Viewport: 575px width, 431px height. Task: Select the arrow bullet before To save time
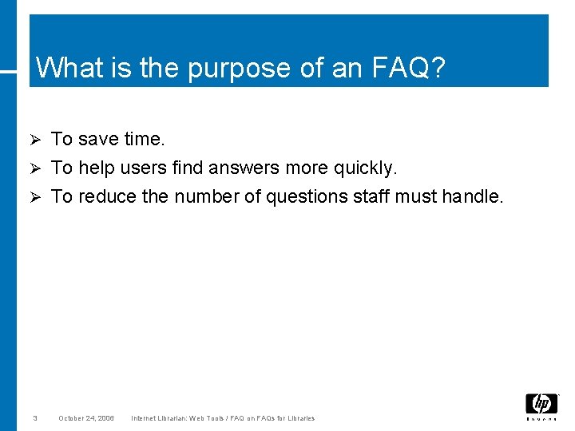click(34, 140)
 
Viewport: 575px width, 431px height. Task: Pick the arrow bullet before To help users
click(34, 168)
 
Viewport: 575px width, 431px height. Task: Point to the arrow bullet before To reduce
click(34, 197)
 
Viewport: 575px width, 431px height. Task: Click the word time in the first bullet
click(144, 139)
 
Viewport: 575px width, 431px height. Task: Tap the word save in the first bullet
click(98, 139)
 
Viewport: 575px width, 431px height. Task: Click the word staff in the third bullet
click(379, 196)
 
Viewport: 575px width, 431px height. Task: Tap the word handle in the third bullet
click(474, 196)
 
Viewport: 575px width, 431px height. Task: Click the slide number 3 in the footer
click(35, 418)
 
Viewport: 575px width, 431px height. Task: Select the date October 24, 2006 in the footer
click(86, 418)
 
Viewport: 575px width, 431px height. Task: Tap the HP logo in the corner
click(541, 405)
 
